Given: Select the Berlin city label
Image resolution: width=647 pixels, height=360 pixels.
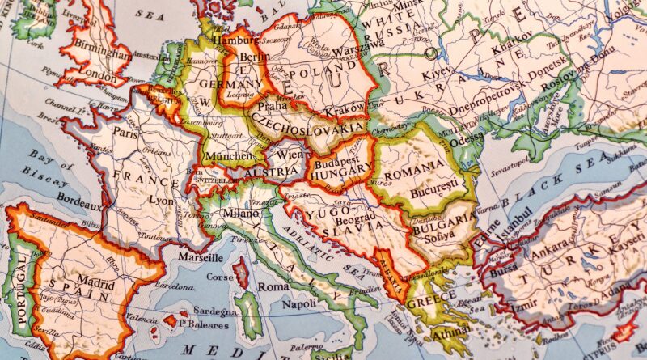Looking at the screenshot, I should [x=256, y=57].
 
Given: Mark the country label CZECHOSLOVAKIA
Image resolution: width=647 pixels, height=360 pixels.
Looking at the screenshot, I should [x=308, y=127].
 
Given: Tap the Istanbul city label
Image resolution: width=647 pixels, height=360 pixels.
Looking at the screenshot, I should [x=515, y=222].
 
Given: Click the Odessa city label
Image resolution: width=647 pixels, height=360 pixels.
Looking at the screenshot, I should [x=466, y=137].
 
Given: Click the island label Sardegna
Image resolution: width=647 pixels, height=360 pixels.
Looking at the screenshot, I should [x=214, y=312].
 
